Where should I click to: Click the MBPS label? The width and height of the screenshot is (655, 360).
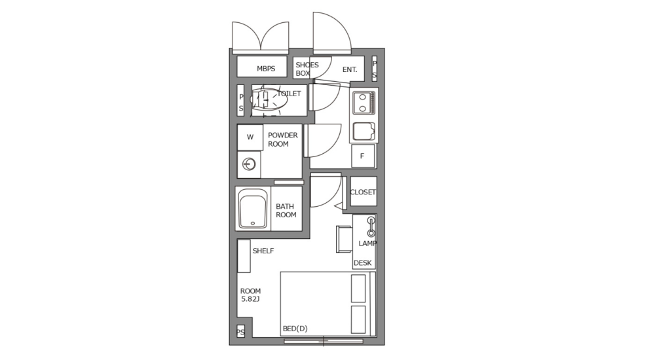click(266, 68)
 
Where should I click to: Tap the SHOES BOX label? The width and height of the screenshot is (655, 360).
click(307, 69)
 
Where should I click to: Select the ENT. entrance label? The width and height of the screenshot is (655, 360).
click(349, 69)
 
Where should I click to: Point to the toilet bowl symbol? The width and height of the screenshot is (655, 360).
click(265, 99)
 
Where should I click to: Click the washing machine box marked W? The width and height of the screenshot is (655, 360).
click(250, 137)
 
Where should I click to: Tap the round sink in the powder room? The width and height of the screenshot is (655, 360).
click(249, 164)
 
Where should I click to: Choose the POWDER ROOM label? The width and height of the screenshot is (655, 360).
click(282, 139)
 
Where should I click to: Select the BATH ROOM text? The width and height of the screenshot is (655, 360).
click(286, 210)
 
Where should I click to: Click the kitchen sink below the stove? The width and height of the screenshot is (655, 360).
click(364, 131)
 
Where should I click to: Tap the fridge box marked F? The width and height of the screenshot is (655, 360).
click(362, 156)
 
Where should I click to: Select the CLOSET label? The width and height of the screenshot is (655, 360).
click(363, 192)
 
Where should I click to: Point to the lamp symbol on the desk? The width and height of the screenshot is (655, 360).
click(371, 226)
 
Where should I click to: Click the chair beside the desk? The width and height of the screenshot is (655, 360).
click(344, 238)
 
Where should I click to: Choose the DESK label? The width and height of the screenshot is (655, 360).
click(362, 263)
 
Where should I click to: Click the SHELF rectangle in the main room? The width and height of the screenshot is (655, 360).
click(244, 256)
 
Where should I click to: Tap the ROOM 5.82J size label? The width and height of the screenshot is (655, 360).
click(250, 295)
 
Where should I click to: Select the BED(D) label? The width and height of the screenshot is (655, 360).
click(295, 329)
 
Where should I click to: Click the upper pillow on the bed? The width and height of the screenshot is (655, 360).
click(358, 288)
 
